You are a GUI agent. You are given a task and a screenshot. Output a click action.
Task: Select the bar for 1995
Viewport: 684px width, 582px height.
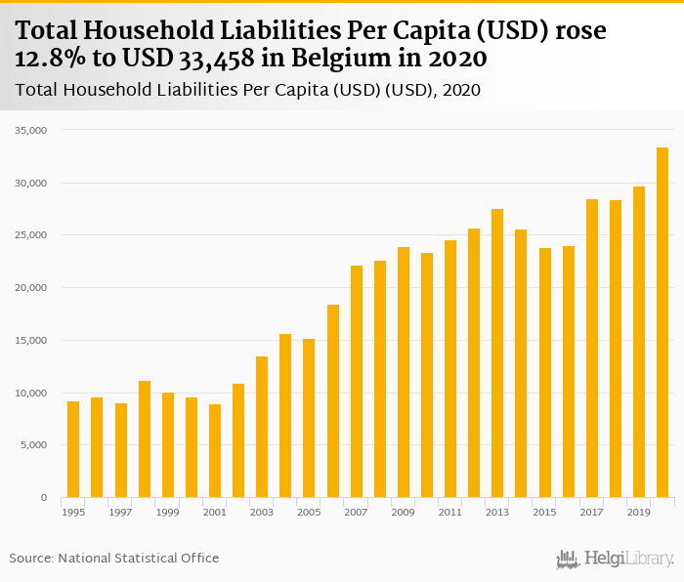[x=73, y=449]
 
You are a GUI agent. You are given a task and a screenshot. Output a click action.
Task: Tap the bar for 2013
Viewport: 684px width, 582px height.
[x=497, y=353]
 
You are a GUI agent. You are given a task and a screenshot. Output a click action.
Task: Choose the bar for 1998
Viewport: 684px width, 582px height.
[x=145, y=439]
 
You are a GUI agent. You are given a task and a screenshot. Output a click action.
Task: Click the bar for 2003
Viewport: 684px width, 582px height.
[x=262, y=427]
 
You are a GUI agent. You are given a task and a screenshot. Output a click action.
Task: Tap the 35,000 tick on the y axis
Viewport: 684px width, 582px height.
[x=33, y=130]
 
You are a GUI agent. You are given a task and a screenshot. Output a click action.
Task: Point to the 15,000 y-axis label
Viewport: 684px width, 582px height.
[x=33, y=340]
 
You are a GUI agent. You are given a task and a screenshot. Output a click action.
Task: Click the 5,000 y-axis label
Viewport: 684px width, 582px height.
[x=36, y=445]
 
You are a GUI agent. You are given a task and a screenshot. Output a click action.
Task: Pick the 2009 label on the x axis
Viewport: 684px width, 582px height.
[x=403, y=512]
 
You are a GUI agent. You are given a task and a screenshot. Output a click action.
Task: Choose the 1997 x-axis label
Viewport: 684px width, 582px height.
[x=120, y=512]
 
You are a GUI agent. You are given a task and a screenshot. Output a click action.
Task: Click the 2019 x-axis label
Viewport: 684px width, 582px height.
[x=638, y=512]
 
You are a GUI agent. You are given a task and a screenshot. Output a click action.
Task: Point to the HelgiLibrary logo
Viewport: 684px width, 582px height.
[x=616, y=560]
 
